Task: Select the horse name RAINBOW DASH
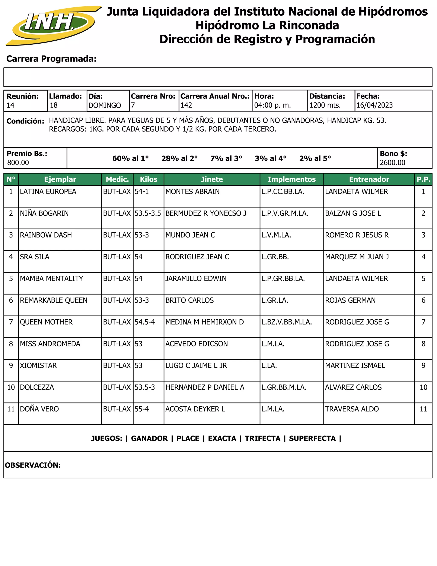pos(46,235)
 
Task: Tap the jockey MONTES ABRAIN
pos(192,192)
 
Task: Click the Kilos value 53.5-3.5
pos(148,213)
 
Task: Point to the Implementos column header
pos(291,179)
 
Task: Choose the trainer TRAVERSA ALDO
pos(352,409)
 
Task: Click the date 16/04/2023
pos(374,105)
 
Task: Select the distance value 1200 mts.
pos(325,105)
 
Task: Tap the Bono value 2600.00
pos(392,163)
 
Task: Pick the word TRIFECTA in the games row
pos(262,438)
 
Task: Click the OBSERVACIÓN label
pos(33,465)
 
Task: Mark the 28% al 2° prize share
pos(179,158)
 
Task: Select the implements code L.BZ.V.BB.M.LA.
pos(287,322)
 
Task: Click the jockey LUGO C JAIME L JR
pos(196,366)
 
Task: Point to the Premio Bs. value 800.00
pos(18,163)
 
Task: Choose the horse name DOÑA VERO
pos(39,409)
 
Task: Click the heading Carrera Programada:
pos(51,59)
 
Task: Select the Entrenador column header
pos(369,179)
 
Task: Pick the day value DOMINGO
pos(105,106)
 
